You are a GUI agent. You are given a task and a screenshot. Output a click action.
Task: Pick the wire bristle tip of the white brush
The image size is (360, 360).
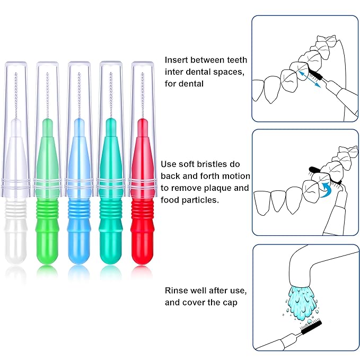coord(15,93)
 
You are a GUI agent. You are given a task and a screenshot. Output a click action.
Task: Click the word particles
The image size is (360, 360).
coord(203,200)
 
